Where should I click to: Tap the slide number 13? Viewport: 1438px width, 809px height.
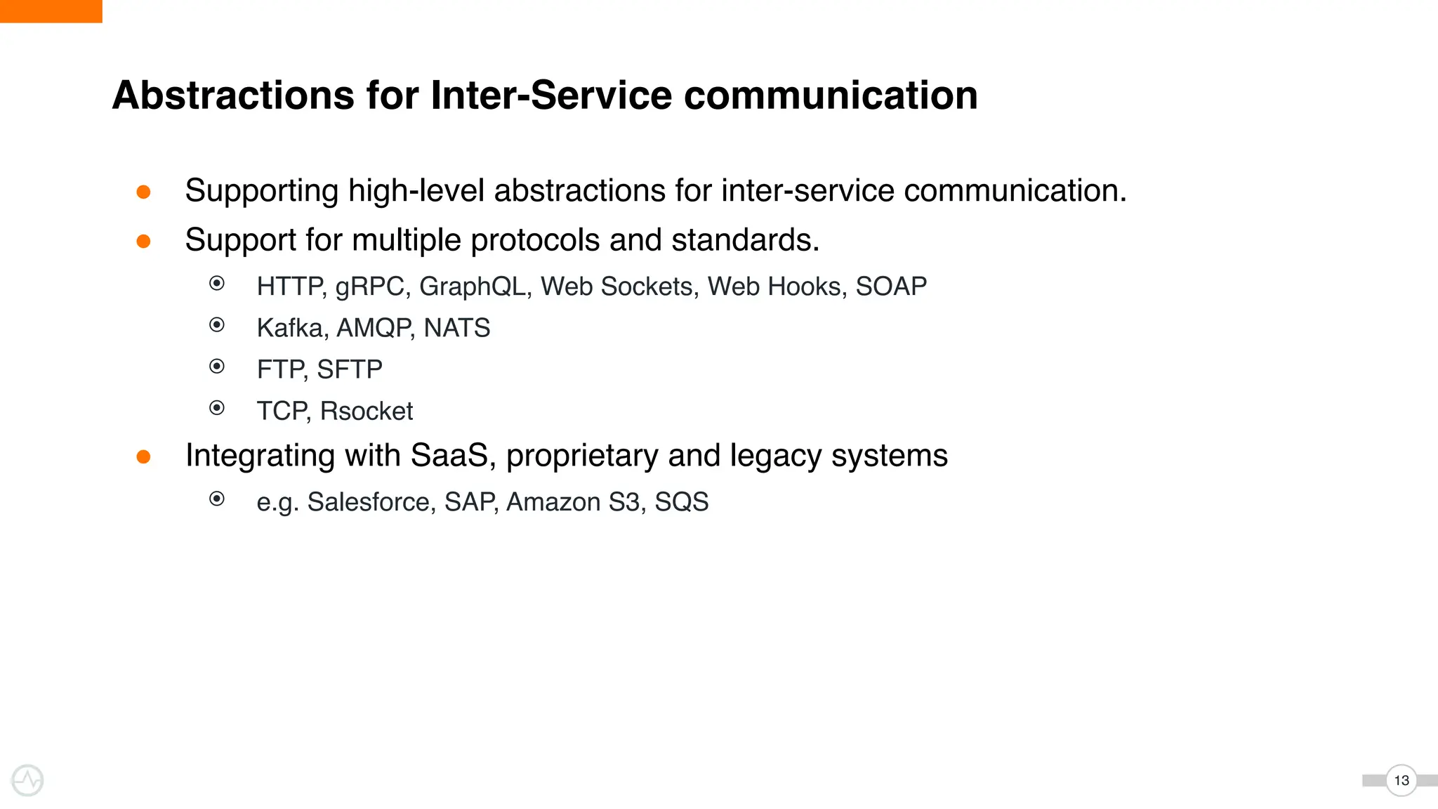[1401, 780]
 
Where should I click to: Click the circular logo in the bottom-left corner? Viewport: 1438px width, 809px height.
[27, 780]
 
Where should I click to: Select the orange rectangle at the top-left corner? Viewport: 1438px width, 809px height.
[51, 11]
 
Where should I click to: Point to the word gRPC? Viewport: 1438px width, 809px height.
[371, 287]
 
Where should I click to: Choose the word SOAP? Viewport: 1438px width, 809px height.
[890, 287]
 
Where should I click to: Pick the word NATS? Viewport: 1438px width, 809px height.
[456, 328]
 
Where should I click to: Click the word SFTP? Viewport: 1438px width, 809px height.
[350, 369]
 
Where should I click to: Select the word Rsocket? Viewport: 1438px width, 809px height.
[366, 411]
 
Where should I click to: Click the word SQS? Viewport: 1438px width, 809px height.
[681, 502]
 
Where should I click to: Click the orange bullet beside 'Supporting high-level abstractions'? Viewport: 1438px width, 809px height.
[143, 192]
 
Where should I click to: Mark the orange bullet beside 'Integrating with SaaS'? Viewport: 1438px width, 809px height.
[143, 457]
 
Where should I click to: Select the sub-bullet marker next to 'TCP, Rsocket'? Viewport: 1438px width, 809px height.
[217, 408]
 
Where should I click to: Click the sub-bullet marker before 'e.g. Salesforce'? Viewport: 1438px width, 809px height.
[217, 499]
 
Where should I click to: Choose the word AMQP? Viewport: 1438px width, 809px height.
[374, 328]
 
